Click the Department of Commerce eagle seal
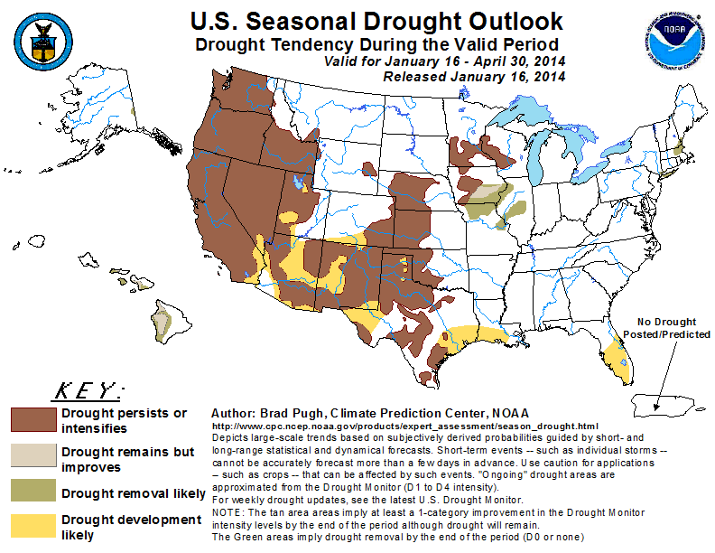42,39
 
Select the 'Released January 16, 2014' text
474,77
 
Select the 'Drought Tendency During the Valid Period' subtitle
376,44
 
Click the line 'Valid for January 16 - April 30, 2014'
444,61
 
